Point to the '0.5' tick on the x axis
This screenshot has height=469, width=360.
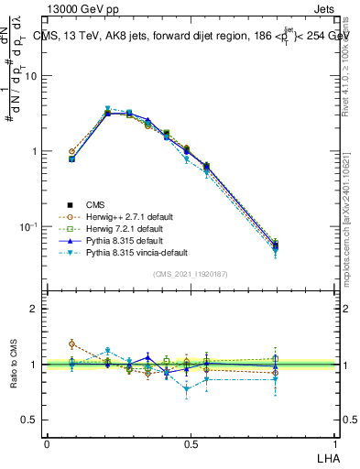191,443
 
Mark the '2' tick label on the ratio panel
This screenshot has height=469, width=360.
35,310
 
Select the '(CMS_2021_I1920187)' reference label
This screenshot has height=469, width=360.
191,273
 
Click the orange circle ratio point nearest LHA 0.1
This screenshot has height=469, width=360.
72,344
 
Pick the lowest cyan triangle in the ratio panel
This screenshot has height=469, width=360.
188,388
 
